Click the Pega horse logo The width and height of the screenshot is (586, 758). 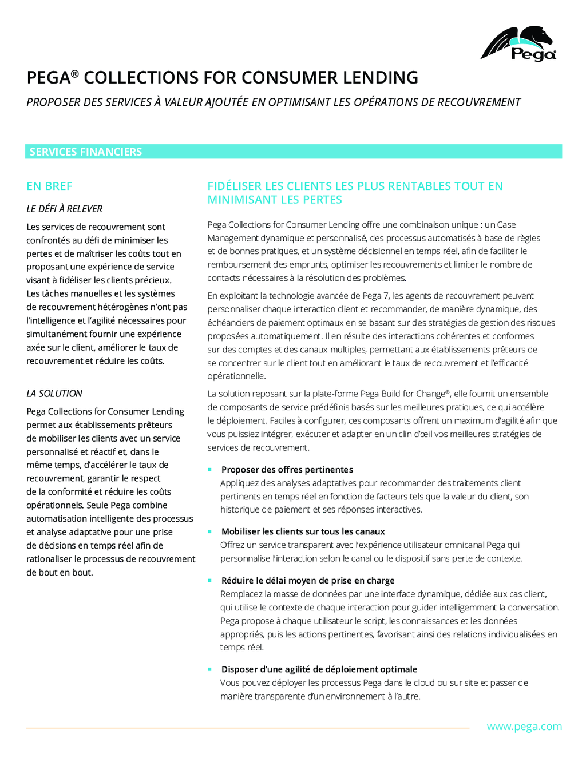(x=518, y=43)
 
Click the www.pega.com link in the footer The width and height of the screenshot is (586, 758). (x=524, y=727)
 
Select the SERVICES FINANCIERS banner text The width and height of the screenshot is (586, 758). (x=86, y=152)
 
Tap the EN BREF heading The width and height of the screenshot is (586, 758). (x=49, y=186)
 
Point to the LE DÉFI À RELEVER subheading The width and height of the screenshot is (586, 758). (x=64, y=209)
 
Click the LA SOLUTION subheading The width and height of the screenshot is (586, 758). (x=54, y=394)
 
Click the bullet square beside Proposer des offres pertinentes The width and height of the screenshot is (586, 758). (x=210, y=470)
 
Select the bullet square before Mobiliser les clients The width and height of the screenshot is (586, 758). (x=210, y=531)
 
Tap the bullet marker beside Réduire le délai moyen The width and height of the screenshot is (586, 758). (x=210, y=581)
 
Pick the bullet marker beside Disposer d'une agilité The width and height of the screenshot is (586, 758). (x=210, y=669)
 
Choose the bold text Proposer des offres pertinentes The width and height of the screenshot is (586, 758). (x=287, y=470)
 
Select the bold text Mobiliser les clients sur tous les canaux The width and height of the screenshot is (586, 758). (x=303, y=531)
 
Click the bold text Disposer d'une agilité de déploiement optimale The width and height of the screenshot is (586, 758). (x=319, y=669)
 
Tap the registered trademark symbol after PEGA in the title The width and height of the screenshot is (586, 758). (x=74, y=74)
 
